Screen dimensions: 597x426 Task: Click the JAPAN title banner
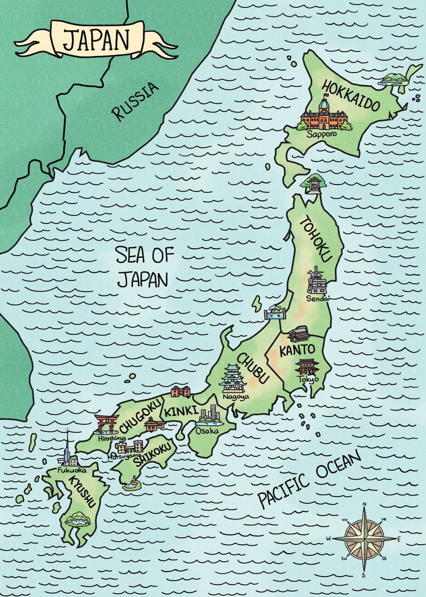click(x=96, y=38)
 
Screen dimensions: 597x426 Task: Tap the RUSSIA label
click(x=136, y=101)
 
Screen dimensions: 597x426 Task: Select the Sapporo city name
click(x=321, y=134)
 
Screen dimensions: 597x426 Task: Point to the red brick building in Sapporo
click(x=323, y=116)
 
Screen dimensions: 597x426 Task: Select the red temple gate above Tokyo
click(x=305, y=367)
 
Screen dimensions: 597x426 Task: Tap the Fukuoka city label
click(x=72, y=470)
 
